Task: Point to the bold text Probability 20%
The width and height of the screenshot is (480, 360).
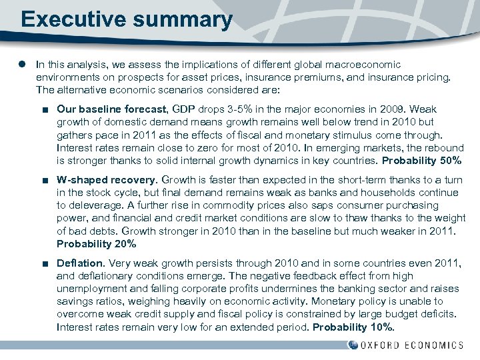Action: [x=97, y=243]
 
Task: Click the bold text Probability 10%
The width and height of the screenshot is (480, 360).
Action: [x=354, y=327]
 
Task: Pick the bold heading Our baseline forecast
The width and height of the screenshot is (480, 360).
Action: [x=112, y=109]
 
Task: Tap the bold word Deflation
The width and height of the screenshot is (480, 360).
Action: [x=81, y=263]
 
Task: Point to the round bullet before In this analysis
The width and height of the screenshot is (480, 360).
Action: [x=22, y=65]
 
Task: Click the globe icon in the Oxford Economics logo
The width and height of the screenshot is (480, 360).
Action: [x=353, y=345]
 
